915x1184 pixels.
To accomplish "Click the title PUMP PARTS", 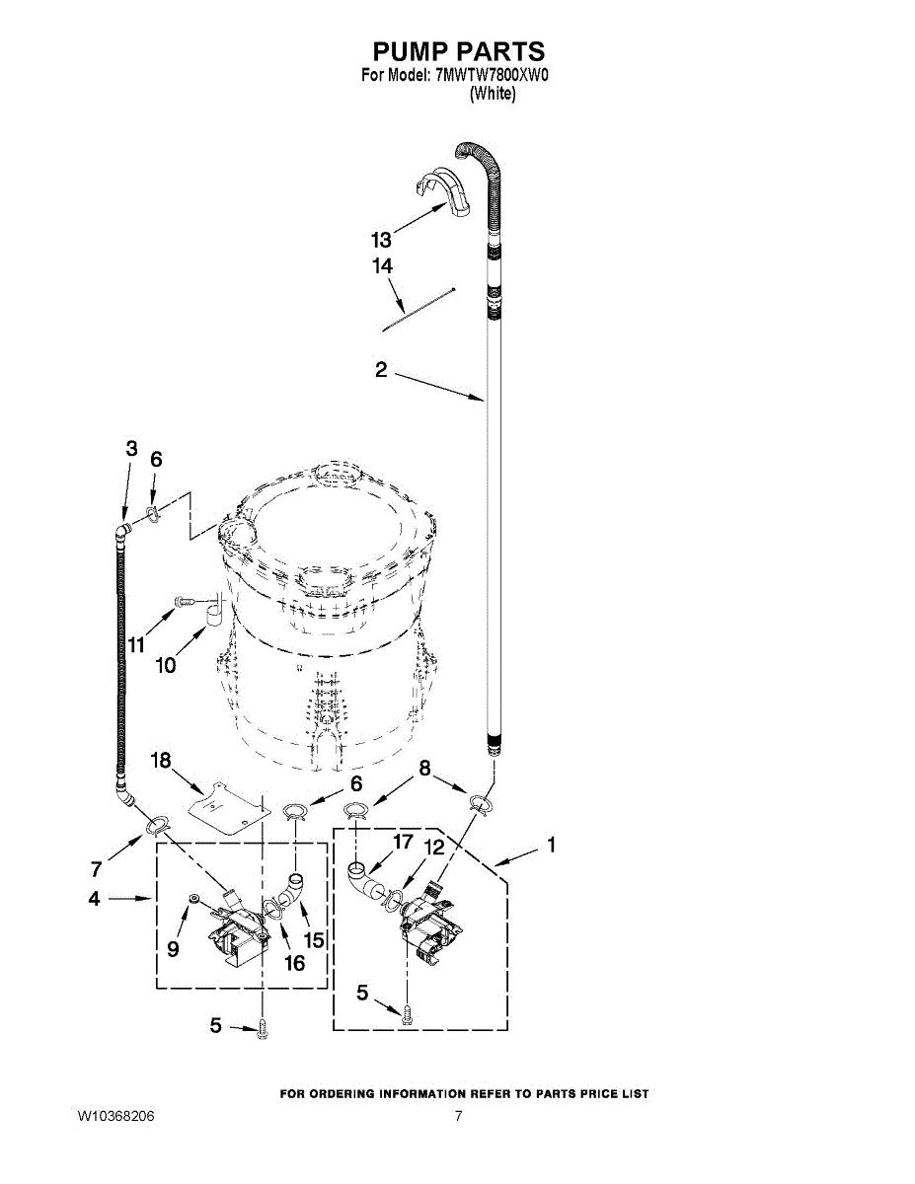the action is click(458, 52).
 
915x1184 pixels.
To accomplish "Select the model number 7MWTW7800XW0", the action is click(491, 76).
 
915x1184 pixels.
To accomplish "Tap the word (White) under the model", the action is click(492, 94).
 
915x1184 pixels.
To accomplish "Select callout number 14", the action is click(382, 265).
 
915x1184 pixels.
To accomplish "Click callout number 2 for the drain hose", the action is click(381, 371).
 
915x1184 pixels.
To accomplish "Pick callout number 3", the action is click(131, 448).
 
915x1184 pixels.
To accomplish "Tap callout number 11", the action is click(136, 645).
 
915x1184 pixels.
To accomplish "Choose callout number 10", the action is click(166, 666).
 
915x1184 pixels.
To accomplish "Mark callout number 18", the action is click(162, 760).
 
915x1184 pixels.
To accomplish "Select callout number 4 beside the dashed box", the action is click(94, 899).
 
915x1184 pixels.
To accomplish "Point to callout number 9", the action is click(173, 949).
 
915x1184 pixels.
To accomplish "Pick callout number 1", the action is click(551, 845).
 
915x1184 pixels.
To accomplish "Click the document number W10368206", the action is click(116, 1116).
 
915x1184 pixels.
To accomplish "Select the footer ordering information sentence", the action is click(464, 1093).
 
